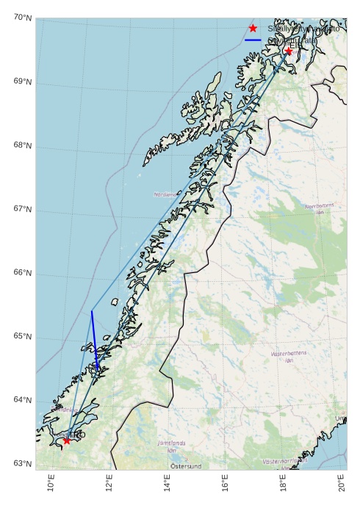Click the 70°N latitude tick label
(22, 18)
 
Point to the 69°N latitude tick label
(22, 81)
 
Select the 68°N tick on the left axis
(22, 145)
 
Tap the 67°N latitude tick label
(22, 209)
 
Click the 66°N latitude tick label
(22, 273)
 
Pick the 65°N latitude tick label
(22, 337)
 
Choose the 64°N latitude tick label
(22, 400)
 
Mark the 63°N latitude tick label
(22, 464)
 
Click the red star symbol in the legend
(253, 28)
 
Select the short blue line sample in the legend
(253, 40)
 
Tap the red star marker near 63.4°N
(67, 440)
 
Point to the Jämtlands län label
(173, 446)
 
